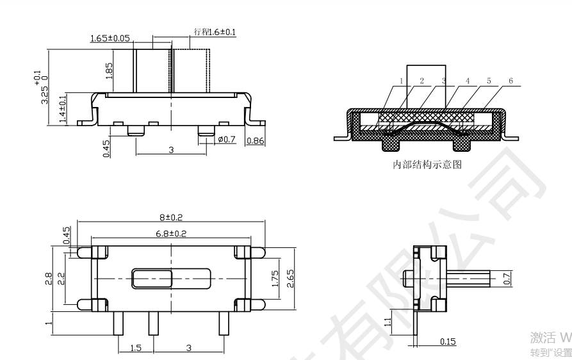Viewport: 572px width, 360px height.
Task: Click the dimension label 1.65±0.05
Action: (x=110, y=38)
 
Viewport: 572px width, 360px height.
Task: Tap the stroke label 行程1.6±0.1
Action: (x=214, y=31)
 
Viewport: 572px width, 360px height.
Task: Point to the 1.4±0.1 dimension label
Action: (x=62, y=109)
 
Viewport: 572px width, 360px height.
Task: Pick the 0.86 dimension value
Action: (x=255, y=140)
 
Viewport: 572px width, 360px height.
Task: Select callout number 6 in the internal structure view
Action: (x=510, y=81)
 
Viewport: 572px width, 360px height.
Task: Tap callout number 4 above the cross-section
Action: (x=467, y=81)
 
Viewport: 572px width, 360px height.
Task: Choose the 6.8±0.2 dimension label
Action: (x=170, y=233)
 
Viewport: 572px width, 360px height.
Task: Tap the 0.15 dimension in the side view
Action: (x=448, y=341)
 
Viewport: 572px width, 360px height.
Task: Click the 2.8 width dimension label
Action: (x=49, y=279)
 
